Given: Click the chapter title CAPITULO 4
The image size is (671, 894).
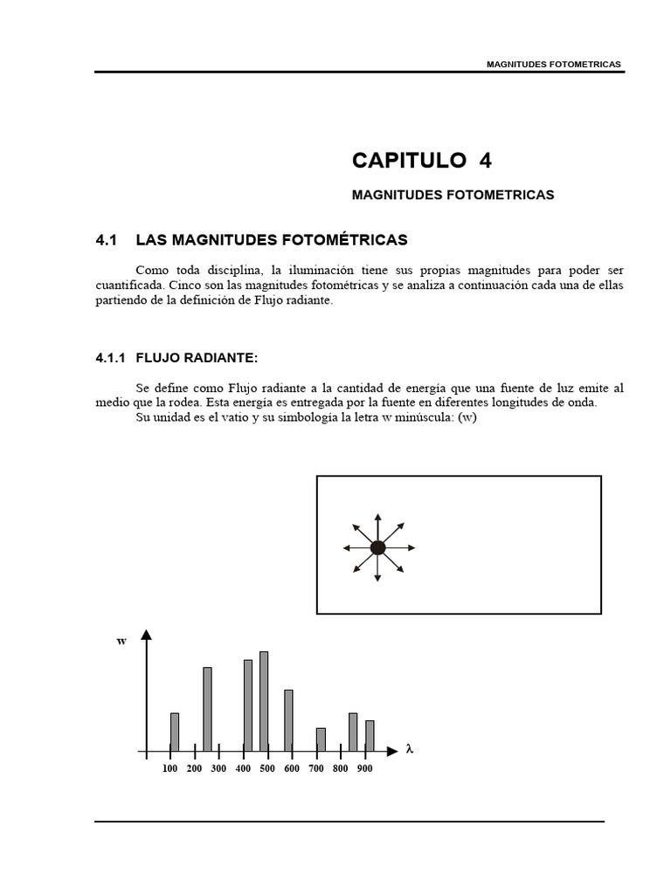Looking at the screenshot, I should (422, 160).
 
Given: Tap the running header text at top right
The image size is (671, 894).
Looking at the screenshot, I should (554, 65).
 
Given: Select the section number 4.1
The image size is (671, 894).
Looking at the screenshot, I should (106, 239).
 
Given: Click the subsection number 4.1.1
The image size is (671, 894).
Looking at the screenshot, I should (111, 358).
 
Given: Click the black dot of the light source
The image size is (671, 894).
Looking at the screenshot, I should (377, 547).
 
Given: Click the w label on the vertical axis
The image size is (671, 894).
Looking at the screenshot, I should (121, 641).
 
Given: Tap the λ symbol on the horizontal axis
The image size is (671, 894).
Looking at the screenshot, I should (408, 749).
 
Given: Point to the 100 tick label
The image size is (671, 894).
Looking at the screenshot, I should (170, 769).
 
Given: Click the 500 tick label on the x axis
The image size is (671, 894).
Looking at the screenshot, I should (267, 769).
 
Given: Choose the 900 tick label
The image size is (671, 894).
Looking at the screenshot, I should (364, 769).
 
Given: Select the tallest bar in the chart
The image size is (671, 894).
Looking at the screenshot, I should (264, 700).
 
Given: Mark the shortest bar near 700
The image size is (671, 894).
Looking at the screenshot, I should (321, 739).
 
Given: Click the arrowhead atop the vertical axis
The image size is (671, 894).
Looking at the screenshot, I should (147, 636).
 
